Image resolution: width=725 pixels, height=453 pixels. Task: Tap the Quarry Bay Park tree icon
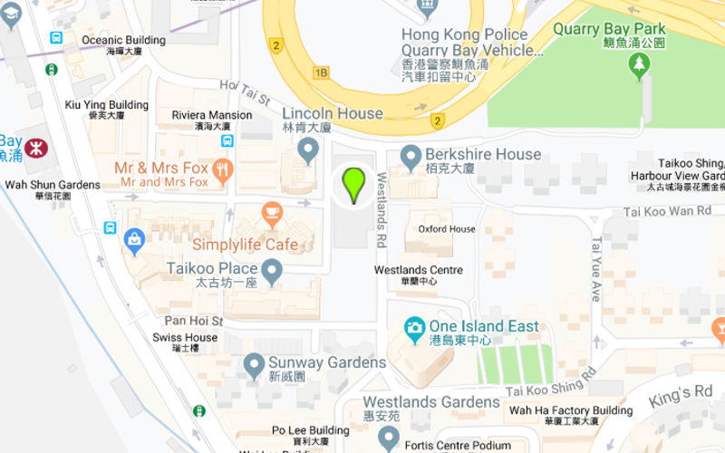tap(641, 63)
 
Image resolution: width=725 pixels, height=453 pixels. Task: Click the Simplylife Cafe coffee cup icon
tap(271, 214)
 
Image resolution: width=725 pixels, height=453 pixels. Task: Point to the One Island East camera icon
tap(414, 326)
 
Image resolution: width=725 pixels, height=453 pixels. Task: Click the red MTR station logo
tap(35, 148)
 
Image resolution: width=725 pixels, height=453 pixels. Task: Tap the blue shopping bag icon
tap(135, 240)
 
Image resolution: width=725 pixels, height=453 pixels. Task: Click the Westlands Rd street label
tap(382, 210)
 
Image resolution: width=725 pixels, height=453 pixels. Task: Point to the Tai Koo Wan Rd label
tap(668, 211)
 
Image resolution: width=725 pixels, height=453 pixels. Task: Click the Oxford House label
tap(447, 229)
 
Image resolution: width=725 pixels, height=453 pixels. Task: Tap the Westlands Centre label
tap(419, 270)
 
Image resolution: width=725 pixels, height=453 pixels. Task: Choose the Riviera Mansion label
tap(212, 115)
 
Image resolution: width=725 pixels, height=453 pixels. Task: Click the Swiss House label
tap(185, 338)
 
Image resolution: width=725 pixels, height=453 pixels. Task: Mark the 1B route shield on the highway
tap(322, 72)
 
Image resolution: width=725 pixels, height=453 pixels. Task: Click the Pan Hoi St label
tap(193, 321)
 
